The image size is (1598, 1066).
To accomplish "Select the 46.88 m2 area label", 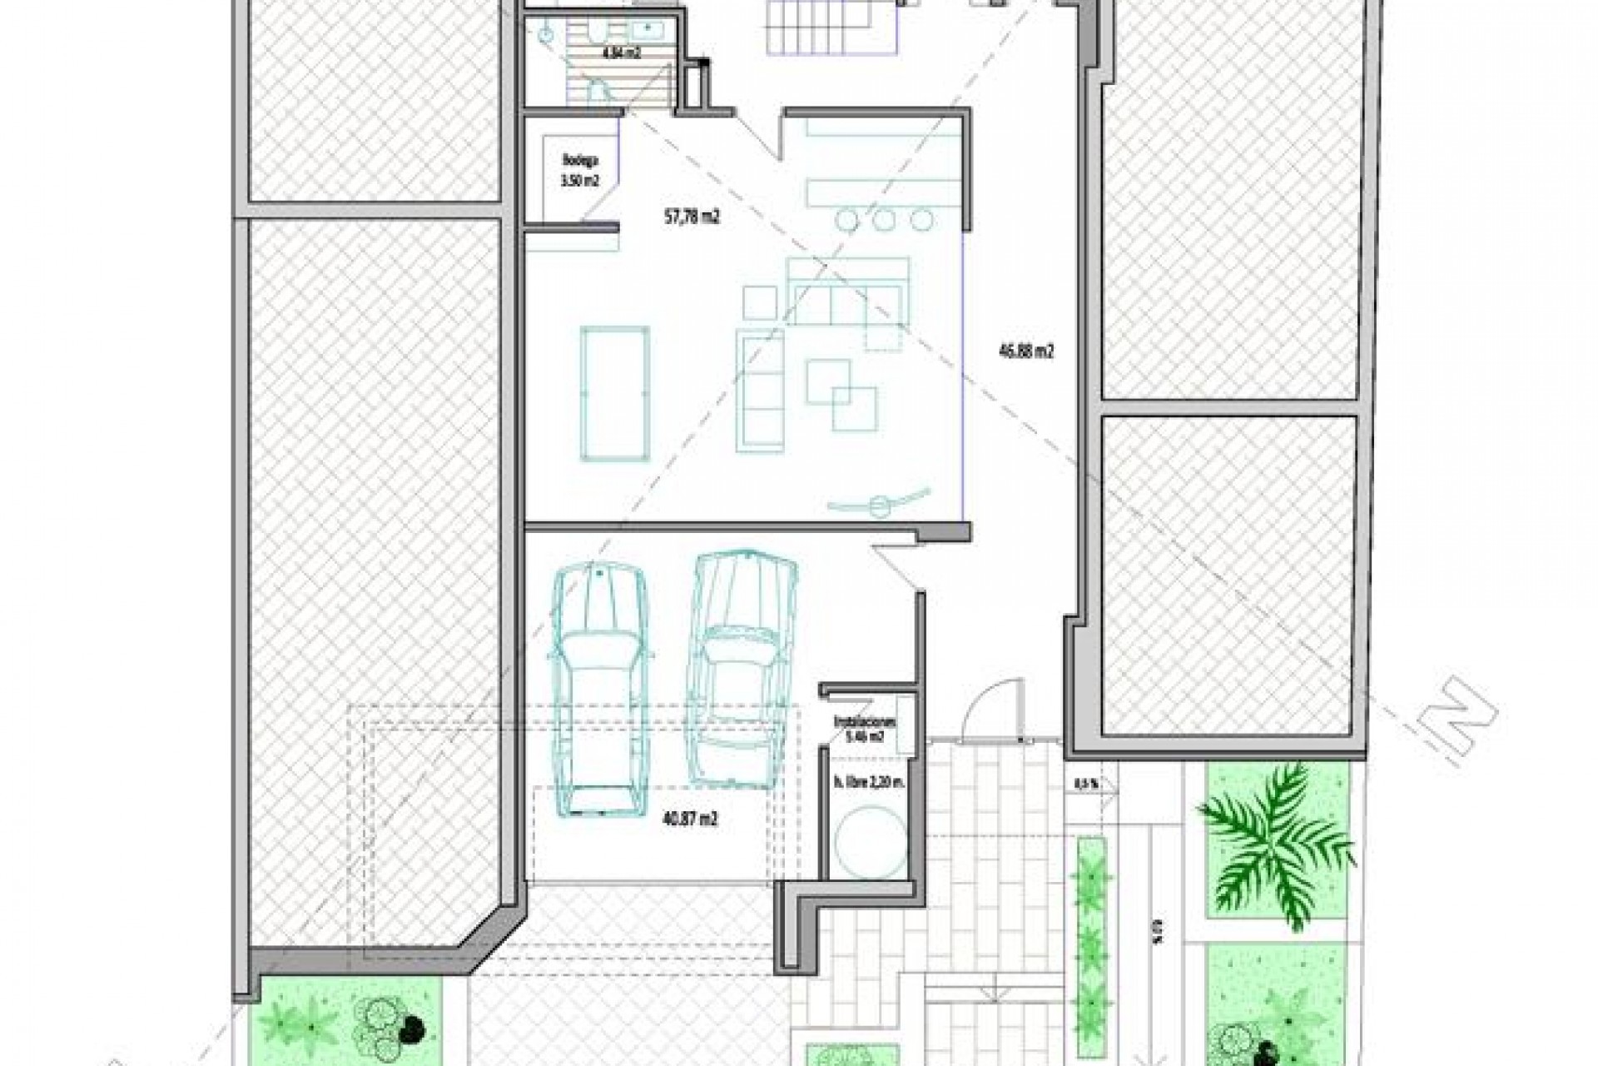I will click(1026, 351).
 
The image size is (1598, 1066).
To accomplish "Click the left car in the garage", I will click(598, 690).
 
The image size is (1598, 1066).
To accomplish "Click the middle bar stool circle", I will click(885, 220).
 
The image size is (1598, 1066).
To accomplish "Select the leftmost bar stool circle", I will click(847, 220).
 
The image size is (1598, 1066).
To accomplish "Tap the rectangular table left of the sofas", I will click(613, 392).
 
